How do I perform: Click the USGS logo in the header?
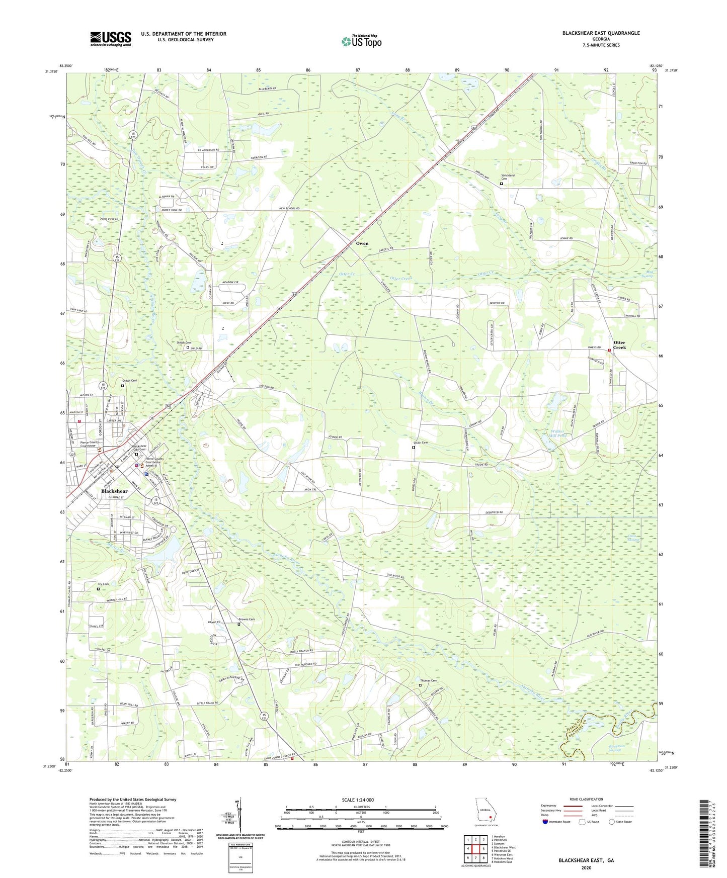[111, 39]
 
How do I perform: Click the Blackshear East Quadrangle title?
[601, 33]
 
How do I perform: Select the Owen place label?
[362, 243]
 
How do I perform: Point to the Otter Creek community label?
[619, 345]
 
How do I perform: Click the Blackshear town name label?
[114, 491]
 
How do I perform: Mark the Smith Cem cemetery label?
[421, 443]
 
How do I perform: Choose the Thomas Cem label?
[428, 681]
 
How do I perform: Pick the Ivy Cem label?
[103, 584]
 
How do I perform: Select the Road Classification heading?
[586, 799]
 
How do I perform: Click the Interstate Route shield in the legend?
[545, 822]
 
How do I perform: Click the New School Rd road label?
[289, 208]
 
